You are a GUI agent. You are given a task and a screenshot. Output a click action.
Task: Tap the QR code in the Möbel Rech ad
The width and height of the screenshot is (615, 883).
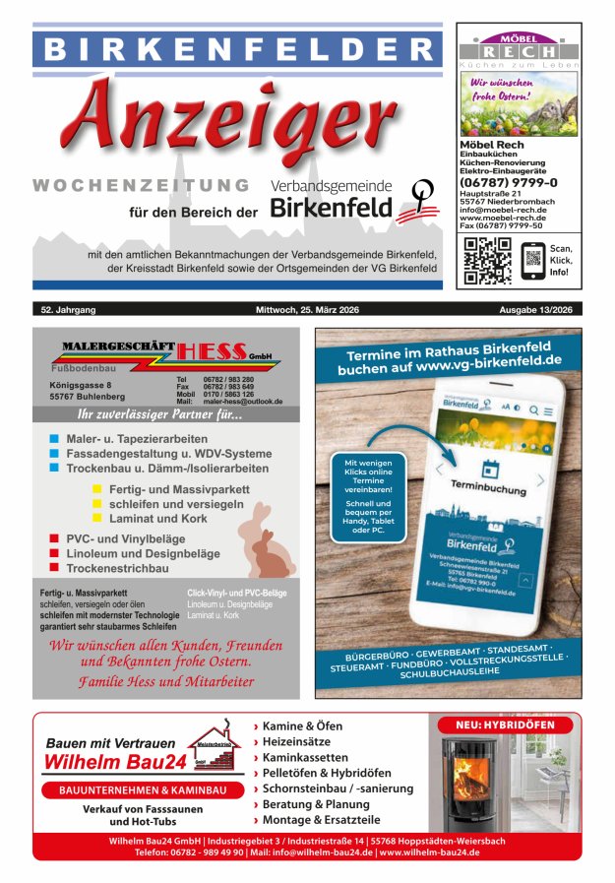tap(487, 260)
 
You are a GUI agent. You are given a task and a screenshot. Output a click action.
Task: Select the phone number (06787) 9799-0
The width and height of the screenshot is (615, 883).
tap(509, 182)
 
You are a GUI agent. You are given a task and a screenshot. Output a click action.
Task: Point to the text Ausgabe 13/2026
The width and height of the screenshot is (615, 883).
tap(541, 310)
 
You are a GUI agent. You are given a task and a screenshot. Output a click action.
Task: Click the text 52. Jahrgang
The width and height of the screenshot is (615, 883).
tap(69, 310)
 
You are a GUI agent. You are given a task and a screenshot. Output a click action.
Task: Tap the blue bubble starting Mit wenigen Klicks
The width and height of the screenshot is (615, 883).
tap(368, 496)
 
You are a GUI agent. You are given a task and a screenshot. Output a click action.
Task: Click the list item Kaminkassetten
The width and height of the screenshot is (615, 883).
tap(304, 758)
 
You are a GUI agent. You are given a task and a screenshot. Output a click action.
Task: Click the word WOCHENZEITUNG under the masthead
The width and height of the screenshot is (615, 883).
tap(141, 185)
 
